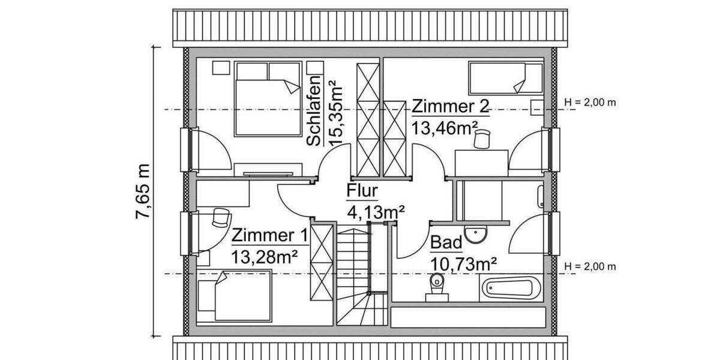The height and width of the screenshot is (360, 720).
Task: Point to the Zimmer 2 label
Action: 450,107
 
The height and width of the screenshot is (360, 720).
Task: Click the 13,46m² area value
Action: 445,128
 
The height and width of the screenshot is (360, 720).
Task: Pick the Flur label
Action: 362,191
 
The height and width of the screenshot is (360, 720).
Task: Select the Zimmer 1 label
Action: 270,235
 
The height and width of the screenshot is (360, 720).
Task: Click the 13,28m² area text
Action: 266,256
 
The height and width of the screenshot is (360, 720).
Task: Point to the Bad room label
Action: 446,242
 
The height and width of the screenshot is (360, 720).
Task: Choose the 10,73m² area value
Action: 463,263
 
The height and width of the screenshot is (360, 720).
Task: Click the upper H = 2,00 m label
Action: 590,102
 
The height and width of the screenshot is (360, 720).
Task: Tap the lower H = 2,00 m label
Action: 590,266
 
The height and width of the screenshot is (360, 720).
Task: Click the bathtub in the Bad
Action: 512,288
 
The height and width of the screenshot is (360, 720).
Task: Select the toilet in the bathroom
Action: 436,286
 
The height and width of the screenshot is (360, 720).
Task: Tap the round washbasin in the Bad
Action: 478,234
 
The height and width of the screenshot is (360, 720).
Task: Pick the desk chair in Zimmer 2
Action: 481,140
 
